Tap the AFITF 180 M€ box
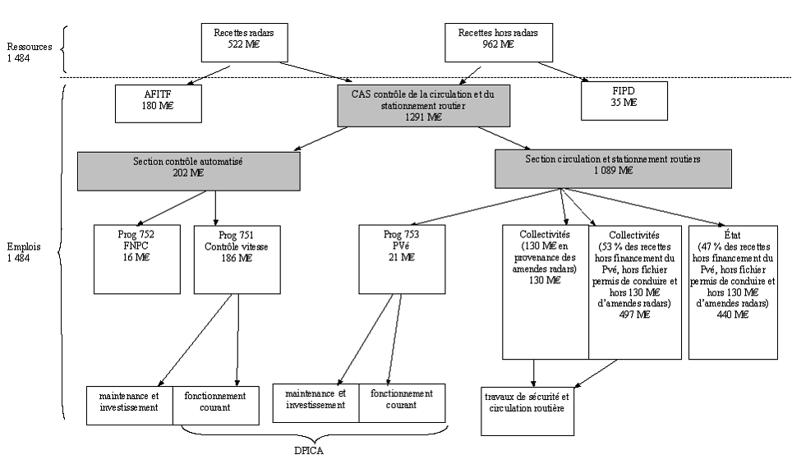[x=158, y=101]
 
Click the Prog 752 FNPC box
[x=136, y=259]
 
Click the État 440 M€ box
[x=733, y=292]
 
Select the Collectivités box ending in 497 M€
[x=634, y=292]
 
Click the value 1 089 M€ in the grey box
[x=614, y=171]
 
